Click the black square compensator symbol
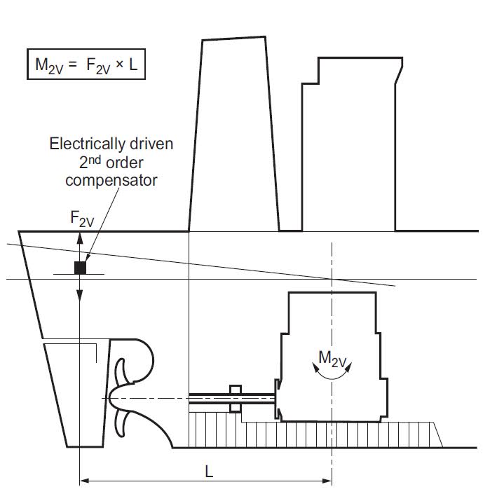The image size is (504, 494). coord(81,267)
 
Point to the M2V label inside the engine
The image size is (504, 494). coord(332,358)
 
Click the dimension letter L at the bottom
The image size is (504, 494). coord(209,472)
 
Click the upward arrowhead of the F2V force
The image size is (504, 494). coord(80,237)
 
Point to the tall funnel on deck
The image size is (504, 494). coord(233,133)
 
